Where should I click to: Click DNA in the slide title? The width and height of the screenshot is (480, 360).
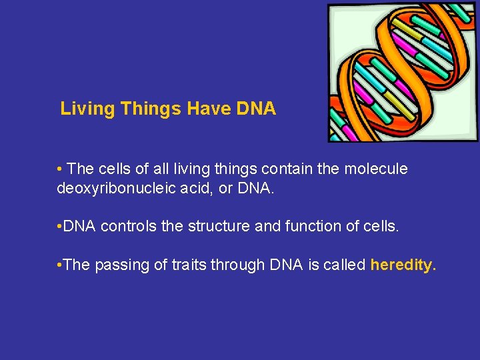coord(256,109)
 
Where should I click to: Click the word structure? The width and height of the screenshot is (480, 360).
coord(210,227)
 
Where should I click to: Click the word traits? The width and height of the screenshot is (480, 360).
coord(187,265)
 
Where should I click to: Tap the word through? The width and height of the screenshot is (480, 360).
coord(238,265)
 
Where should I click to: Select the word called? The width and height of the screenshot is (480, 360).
coord(343,265)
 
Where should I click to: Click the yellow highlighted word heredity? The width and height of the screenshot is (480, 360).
coord(401,265)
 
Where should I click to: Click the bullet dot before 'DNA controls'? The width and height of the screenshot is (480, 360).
coord(60,227)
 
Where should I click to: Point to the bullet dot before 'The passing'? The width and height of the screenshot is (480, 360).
coord(60,265)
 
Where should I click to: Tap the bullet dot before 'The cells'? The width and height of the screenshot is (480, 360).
coord(60,170)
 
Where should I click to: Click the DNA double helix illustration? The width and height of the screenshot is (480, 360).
coord(403,72)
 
